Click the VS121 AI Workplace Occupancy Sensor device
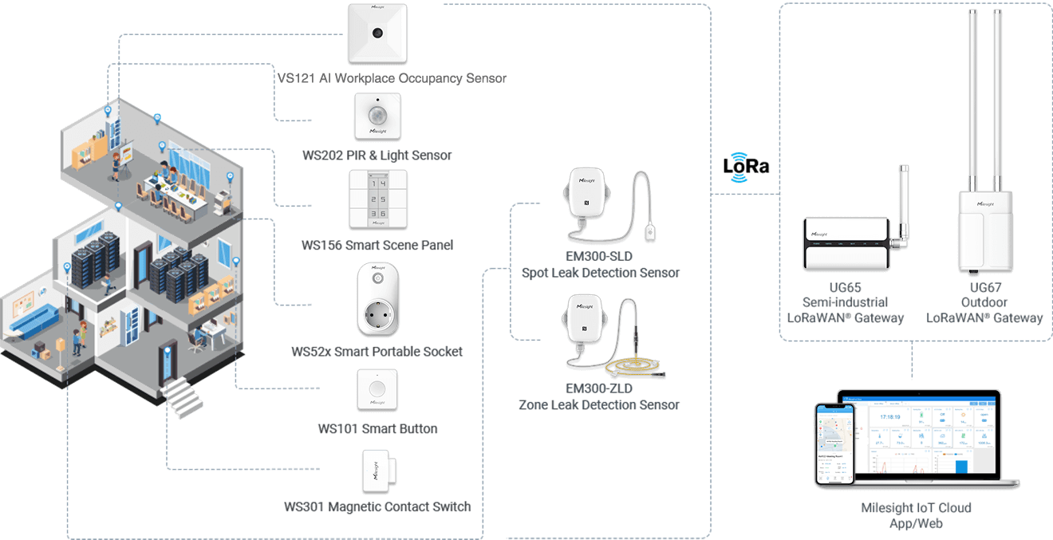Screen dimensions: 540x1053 [x=377, y=34]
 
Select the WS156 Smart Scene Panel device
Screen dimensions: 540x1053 [x=377, y=199]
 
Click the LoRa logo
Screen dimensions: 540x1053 [x=746, y=167]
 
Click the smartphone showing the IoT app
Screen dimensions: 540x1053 [x=834, y=443]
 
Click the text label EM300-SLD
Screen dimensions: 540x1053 [x=601, y=256]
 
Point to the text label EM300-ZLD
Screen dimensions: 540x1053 [x=599, y=388]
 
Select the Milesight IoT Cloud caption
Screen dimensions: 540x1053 [x=916, y=508]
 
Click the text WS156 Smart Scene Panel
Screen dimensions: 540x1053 [x=377, y=245]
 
